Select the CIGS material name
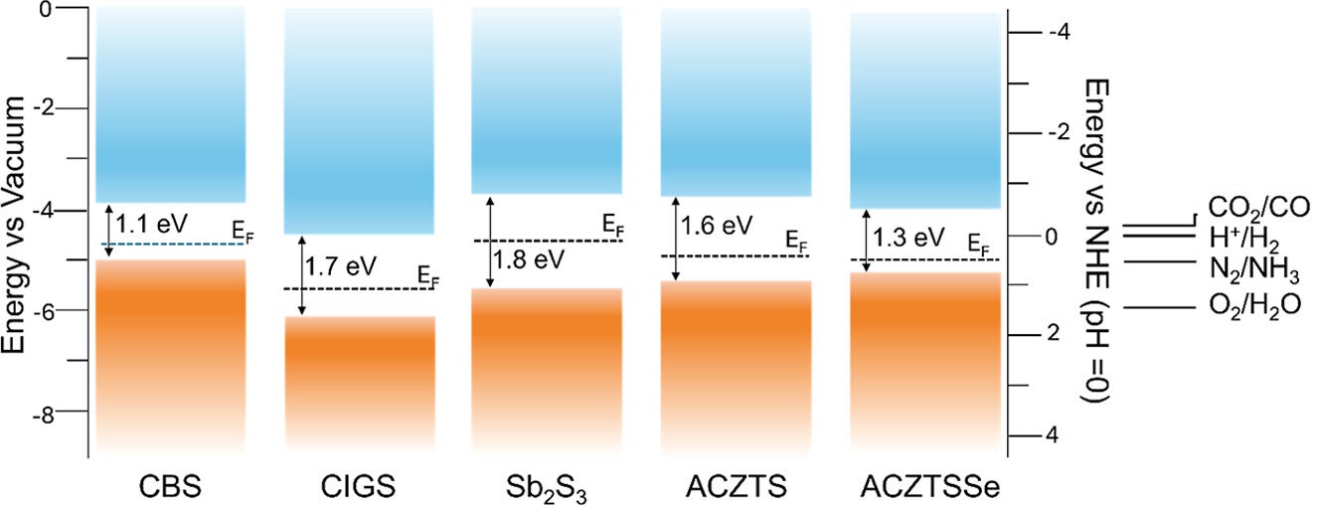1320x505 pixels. [x=359, y=487]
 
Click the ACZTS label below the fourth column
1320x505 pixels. [x=735, y=487]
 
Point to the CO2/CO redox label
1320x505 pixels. [x=1258, y=207]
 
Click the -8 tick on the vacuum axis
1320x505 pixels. [x=67, y=412]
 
